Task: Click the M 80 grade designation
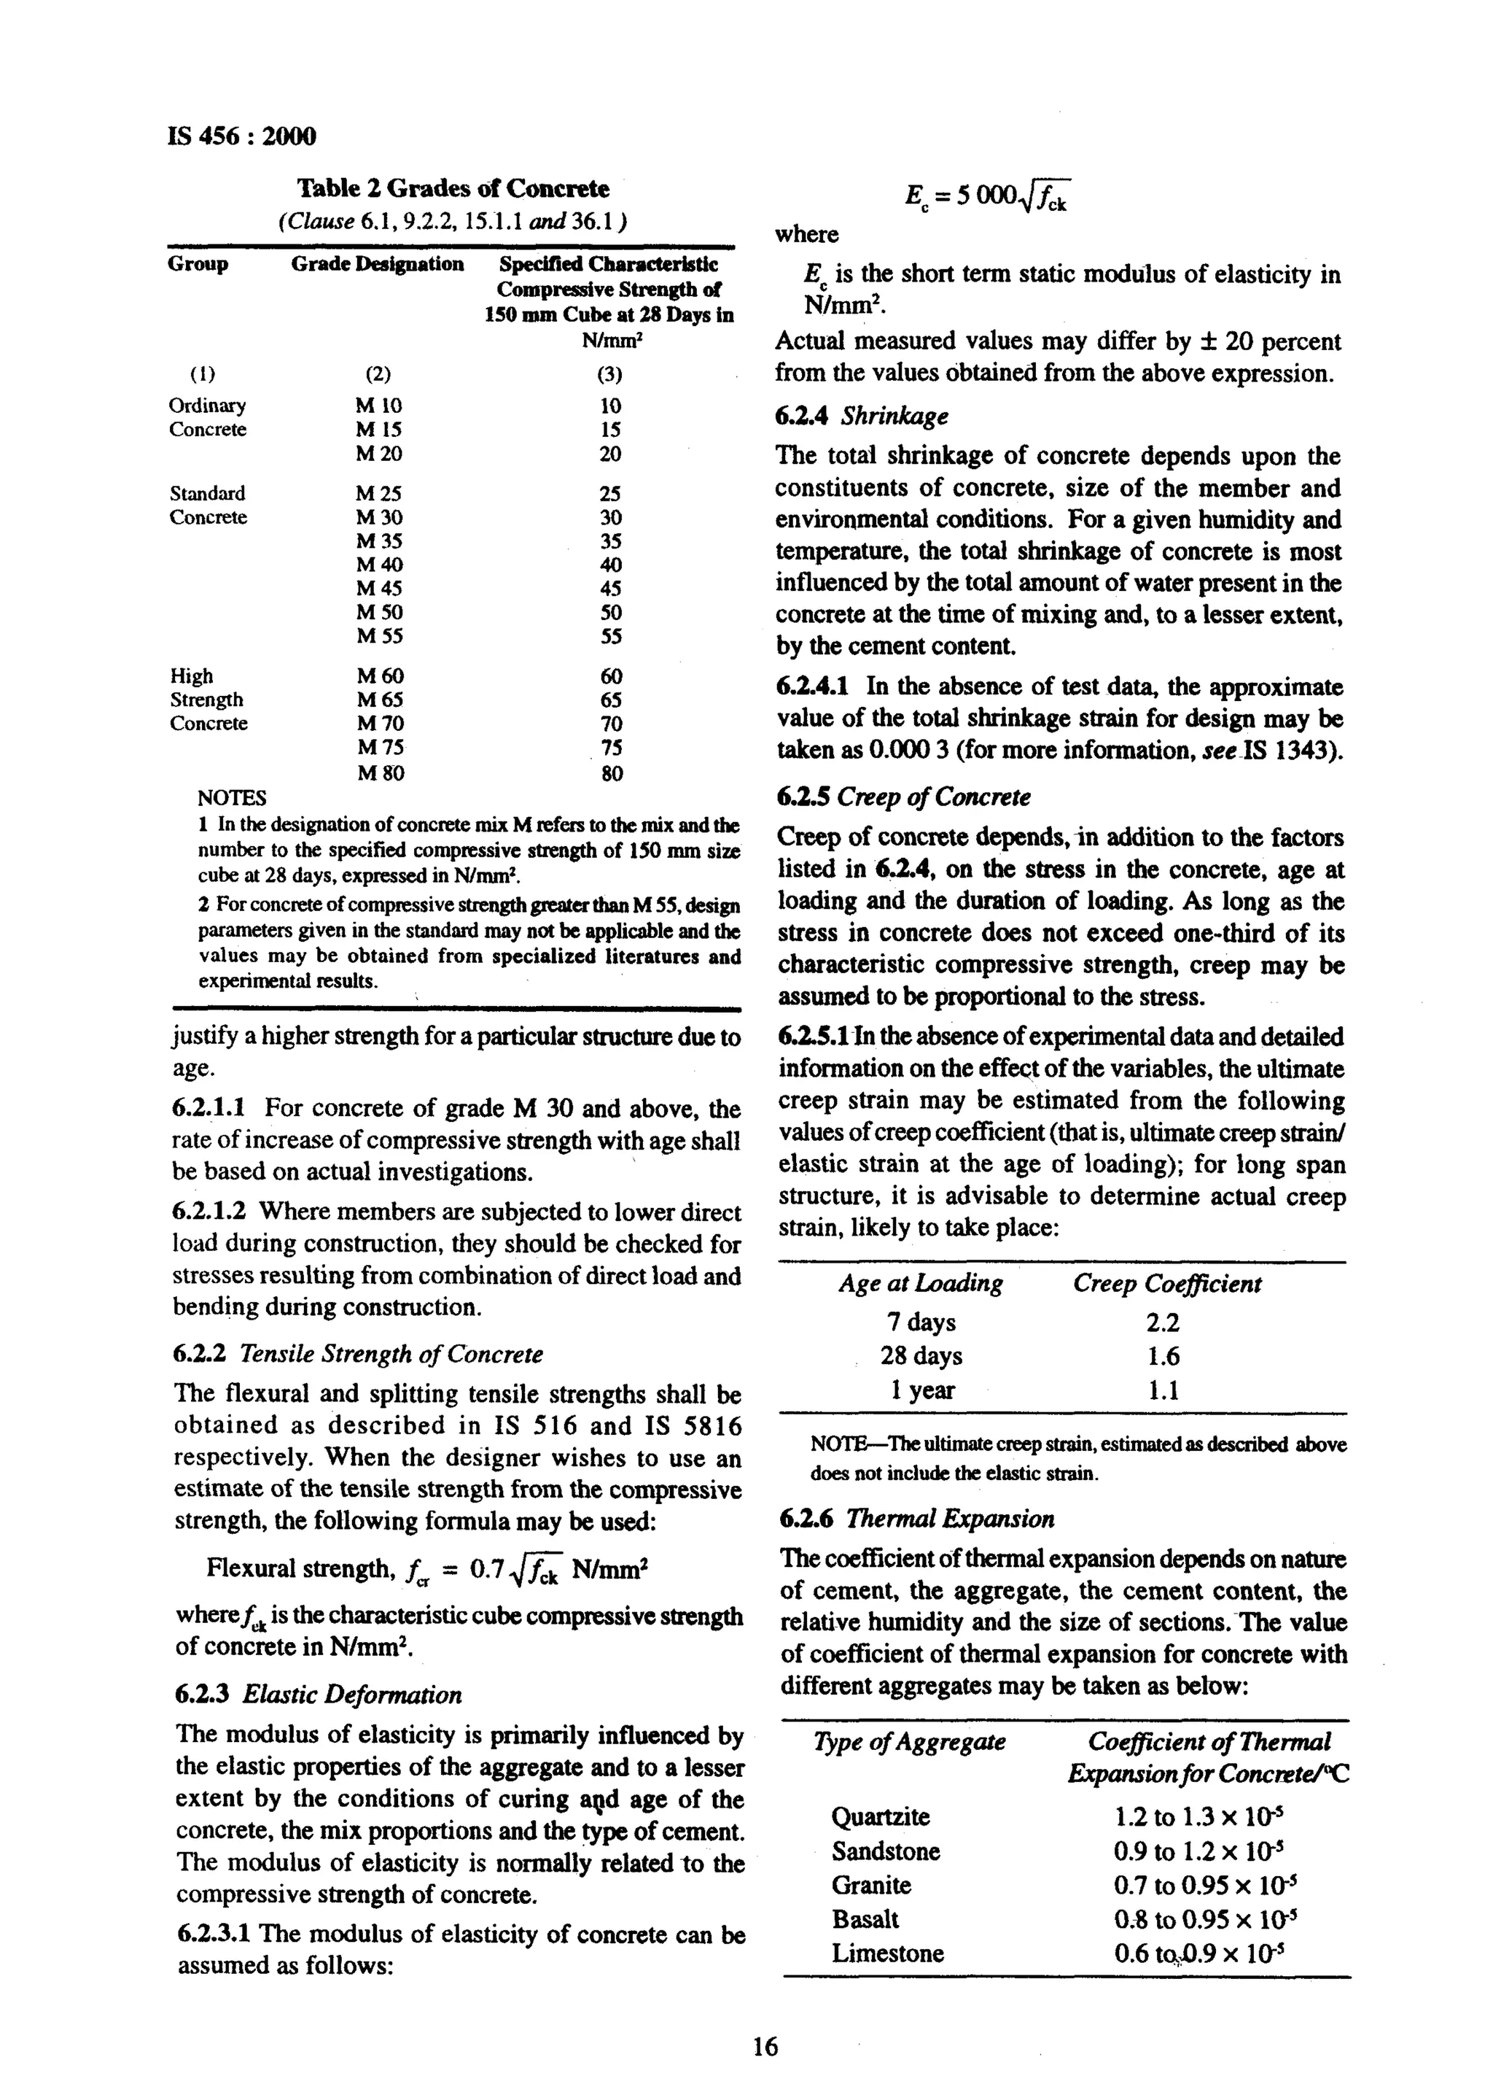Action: (x=380, y=773)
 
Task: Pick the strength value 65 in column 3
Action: (x=610, y=700)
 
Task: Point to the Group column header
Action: (x=198, y=265)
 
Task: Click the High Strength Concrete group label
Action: (x=208, y=700)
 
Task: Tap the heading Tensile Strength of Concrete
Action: (x=391, y=1355)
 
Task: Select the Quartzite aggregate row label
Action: (x=880, y=1817)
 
